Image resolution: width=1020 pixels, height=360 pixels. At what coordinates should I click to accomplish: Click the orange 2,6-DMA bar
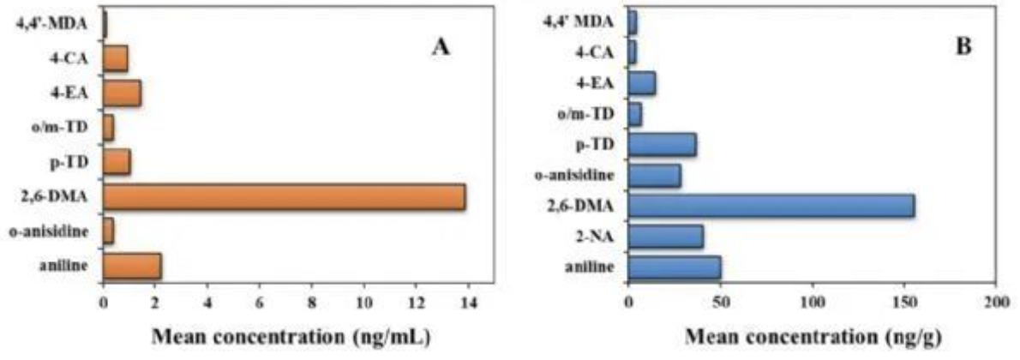pos(284,197)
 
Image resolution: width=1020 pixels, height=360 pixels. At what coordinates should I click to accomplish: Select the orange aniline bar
pos(132,267)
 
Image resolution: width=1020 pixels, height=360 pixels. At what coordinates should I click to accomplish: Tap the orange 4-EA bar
pos(122,92)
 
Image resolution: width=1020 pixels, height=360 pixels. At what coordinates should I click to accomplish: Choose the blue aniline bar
pos(675,267)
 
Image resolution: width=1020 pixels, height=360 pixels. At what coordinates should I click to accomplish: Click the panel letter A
pos(440,48)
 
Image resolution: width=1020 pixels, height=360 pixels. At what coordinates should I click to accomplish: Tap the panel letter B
pos(964,48)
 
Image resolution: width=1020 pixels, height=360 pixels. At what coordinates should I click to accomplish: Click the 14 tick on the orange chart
pos(469,303)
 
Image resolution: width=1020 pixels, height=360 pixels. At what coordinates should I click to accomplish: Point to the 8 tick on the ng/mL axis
pos(312,303)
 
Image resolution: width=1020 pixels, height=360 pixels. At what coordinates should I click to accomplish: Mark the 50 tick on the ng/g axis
pos(721,303)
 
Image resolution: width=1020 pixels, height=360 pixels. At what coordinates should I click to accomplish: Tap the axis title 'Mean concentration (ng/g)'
pos(811,335)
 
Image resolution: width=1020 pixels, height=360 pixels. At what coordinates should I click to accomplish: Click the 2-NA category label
pos(595,236)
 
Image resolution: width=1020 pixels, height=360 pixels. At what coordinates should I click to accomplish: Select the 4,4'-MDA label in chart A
pos(51,24)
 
